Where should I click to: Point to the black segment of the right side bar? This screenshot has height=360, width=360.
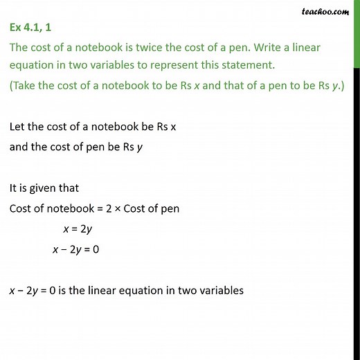click(x=356, y=208)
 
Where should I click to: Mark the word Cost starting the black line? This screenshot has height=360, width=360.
click(x=21, y=208)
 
